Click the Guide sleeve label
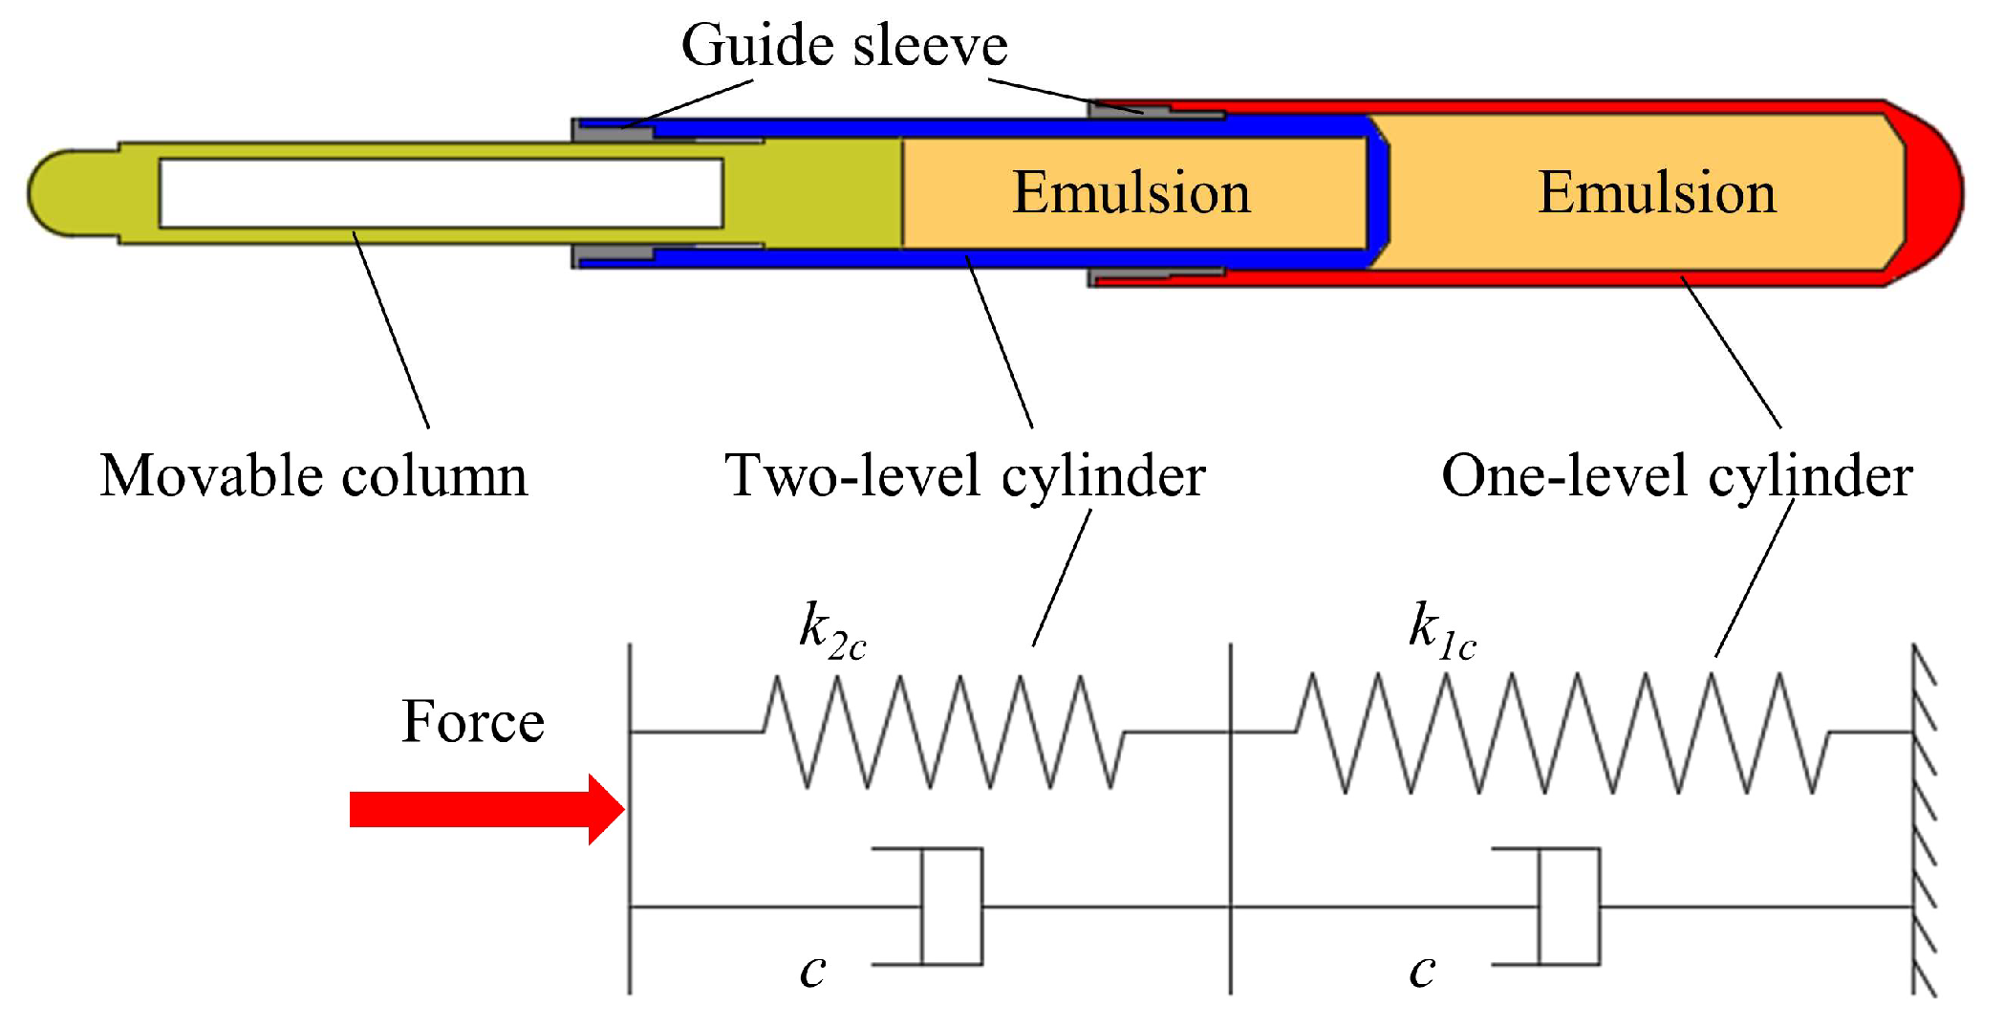coord(844,46)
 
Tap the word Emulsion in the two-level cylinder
coord(1131,192)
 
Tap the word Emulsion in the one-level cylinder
coord(1656,192)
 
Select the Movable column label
coord(313,475)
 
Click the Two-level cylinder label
coord(964,475)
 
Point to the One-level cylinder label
coord(1676,475)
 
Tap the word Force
coord(472,721)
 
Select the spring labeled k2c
coord(943,733)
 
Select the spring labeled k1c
coord(1562,733)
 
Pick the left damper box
coord(951,906)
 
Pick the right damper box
coord(1569,906)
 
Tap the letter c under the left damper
coord(812,971)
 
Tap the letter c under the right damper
coord(1422,971)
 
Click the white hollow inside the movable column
coord(440,193)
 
